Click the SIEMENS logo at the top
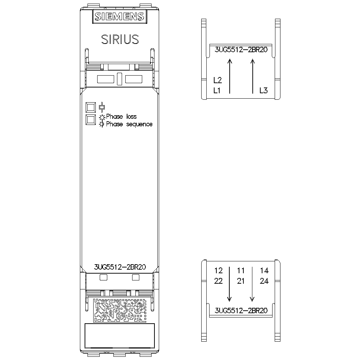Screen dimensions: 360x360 tap(120, 16)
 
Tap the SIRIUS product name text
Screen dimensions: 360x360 tap(120, 39)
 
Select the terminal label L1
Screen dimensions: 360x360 tap(217, 90)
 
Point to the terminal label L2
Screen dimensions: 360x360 tap(218, 80)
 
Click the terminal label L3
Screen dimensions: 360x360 tap(264, 90)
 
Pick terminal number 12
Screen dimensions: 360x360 tap(219, 270)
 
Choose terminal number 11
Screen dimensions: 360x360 tap(240, 270)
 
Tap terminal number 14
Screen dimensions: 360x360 tap(264, 270)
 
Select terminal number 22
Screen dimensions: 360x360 tap(219, 281)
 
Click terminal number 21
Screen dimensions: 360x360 tap(240, 281)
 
